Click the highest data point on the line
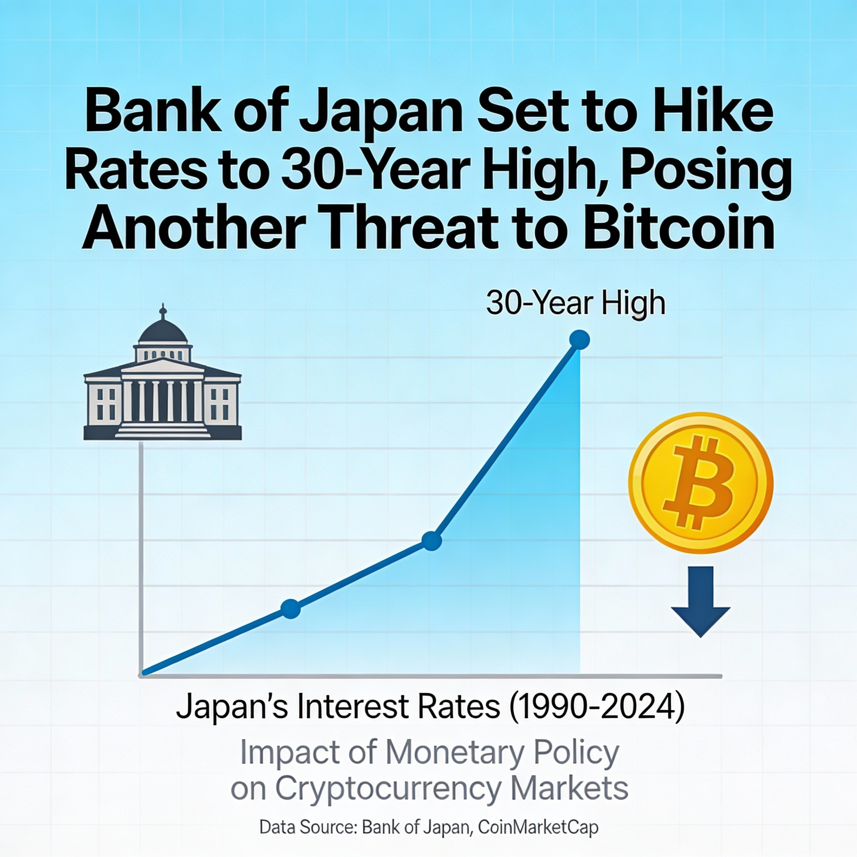[579, 340]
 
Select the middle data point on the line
[431, 540]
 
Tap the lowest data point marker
[291, 608]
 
